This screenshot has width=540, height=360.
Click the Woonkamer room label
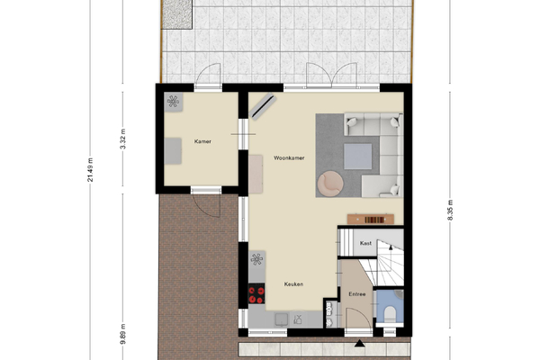pyautogui.click(x=289, y=158)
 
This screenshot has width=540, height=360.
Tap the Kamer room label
pyautogui.click(x=202, y=141)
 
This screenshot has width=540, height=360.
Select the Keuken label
pyautogui.click(x=293, y=284)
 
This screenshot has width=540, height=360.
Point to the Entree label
pyautogui.click(x=357, y=294)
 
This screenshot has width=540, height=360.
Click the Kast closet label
pyautogui.click(x=365, y=243)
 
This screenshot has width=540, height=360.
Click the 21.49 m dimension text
pyautogui.click(x=90, y=170)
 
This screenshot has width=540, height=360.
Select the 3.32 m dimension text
pyautogui.click(x=123, y=139)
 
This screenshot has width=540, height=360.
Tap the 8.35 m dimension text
pyautogui.click(x=450, y=210)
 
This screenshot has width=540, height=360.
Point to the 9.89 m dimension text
pyautogui.click(x=123, y=334)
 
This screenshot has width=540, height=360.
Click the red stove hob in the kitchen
pyautogui.click(x=256, y=294)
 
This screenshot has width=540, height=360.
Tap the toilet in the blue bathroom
pyautogui.click(x=390, y=314)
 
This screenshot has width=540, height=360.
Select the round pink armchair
pyautogui.click(x=330, y=184)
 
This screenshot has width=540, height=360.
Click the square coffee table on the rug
pyautogui.click(x=358, y=157)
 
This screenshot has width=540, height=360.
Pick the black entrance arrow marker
pyautogui.click(x=359, y=343)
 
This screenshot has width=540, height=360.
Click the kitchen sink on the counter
pyautogui.click(x=282, y=319)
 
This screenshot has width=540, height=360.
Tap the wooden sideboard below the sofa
pyautogui.click(x=371, y=219)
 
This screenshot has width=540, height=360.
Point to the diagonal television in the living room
pyautogui.click(x=263, y=106)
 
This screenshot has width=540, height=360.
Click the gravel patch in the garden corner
pyautogui.click(x=176, y=14)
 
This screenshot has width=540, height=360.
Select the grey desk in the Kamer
pyautogui.click(x=173, y=151)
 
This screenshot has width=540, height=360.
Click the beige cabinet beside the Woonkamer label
pyautogui.click(x=256, y=174)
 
